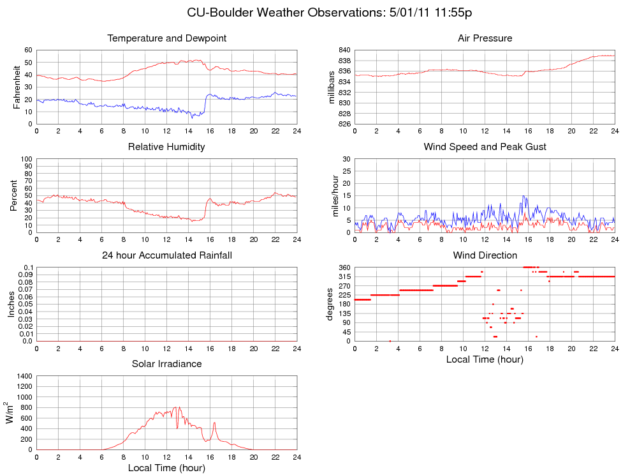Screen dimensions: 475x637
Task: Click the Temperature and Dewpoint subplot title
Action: [x=166, y=38]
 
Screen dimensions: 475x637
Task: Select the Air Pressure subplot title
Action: [x=485, y=38]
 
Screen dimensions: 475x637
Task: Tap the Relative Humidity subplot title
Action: [x=166, y=147]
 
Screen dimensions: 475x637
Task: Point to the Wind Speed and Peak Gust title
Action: [x=485, y=147]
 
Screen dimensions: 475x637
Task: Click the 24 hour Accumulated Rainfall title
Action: [x=166, y=255]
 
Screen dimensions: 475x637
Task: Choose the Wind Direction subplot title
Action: [x=485, y=255]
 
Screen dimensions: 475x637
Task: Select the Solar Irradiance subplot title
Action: [x=166, y=364]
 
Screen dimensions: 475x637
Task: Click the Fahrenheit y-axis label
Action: [x=18, y=87]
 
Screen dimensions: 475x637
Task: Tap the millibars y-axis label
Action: [x=331, y=87]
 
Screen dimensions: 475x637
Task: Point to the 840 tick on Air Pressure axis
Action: [x=343, y=50]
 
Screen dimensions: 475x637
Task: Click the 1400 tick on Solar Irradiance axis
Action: [x=23, y=377]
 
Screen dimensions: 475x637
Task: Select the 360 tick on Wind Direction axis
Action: [x=344, y=268]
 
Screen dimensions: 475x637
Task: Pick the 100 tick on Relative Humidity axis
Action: [x=26, y=158]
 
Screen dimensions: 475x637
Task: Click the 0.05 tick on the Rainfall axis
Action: [x=24, y=304]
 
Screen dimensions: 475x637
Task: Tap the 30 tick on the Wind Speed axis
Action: [x=346, y=158]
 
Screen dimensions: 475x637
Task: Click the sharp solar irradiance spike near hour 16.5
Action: [x=214, y=423]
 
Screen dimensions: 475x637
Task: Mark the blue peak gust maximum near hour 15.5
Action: [x=524, y=196]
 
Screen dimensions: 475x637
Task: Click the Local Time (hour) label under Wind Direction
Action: [x=485, y=359]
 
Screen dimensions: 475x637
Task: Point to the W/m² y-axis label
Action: [x=10, y=412]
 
